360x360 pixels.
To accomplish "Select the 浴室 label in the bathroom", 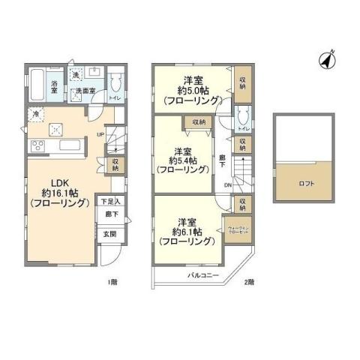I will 55,87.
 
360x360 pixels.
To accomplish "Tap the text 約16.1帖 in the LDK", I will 51,193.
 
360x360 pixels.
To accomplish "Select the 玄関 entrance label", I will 109,234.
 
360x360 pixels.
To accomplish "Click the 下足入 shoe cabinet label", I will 109,202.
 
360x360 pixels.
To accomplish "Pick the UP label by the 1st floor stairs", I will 100,135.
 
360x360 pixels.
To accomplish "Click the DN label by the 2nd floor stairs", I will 226,187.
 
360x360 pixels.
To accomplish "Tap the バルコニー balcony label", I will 202,276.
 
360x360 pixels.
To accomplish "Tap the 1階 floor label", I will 112,283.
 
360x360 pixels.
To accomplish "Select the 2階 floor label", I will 249,283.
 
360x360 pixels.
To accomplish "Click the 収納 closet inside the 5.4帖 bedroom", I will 198,121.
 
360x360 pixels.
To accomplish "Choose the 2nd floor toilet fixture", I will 241,116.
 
